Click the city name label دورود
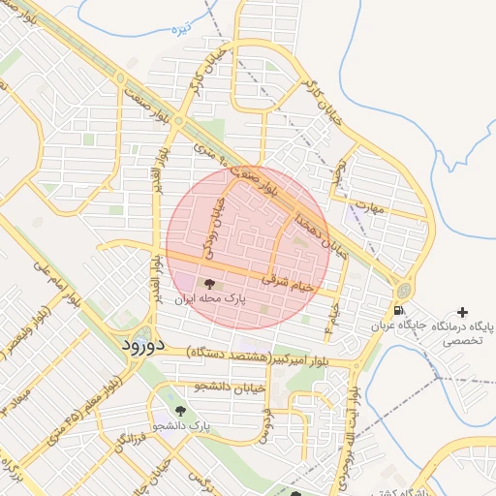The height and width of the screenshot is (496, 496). [x=146, y=345]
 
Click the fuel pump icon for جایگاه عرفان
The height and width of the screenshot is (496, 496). [x=398, y=311]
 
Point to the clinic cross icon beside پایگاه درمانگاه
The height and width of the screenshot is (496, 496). [x=463, y=312]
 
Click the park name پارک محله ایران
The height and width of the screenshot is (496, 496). [x=210, y=300]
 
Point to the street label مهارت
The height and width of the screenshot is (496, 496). [x=397, y=207]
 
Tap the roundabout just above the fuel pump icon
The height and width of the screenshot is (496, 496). [x=402, y=290]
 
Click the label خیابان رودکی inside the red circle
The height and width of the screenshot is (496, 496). [x=212, y=227]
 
